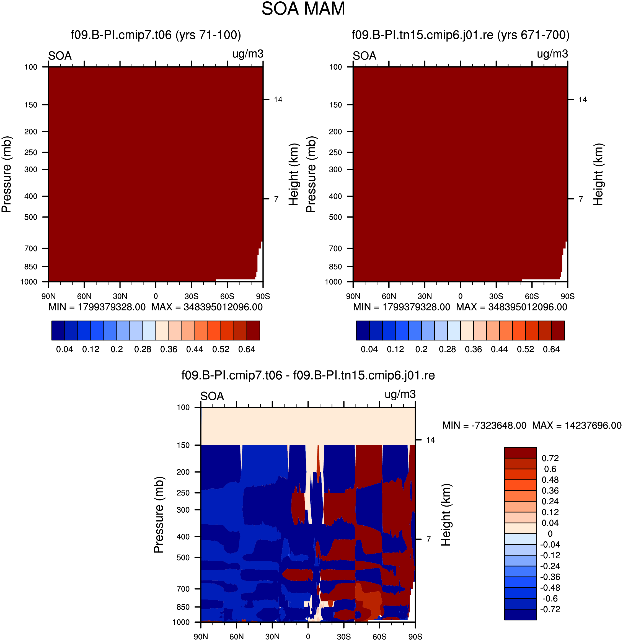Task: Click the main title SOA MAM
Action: coord(303,9)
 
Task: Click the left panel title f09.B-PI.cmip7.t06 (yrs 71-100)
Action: coord(156,35)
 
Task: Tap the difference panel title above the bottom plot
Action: coord(308,375)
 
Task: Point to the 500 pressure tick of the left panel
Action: coord(31,217)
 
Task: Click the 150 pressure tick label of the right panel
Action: coord(335,105)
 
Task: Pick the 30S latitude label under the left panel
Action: coord(192,296)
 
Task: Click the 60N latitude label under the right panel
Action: coord(389,296)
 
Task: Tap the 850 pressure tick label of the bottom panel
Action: coord(183,607)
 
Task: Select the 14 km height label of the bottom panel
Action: coord(430,440)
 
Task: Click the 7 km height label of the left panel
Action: coord(276,199)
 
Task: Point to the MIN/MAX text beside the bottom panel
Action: coord(532,425)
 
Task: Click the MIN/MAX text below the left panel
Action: coord(156,307)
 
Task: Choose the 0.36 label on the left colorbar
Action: coord(169,349)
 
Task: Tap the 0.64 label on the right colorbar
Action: coord(551,349)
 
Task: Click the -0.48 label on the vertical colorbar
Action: coord(550,588)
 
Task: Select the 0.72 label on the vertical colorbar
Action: coord(550,458)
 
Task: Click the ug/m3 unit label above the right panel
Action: coord(552,54)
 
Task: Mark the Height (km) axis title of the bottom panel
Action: coord(446,515)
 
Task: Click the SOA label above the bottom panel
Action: coord(212,396)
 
